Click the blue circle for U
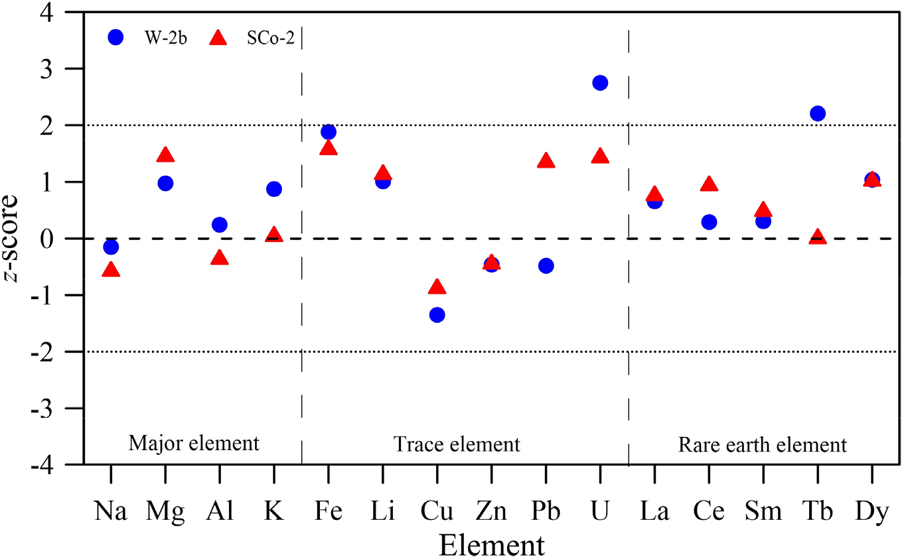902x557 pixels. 600,83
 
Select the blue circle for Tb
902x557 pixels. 818,113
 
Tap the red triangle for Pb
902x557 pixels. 546,161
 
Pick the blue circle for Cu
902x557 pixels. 437,314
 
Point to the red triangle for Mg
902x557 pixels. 165,156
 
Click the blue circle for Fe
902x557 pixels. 328,132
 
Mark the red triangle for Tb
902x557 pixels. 818,237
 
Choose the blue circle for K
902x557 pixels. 274,189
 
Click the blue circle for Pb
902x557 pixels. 546,266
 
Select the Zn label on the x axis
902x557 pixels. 491,513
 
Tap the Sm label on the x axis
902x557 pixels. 763,513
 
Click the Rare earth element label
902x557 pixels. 763,444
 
